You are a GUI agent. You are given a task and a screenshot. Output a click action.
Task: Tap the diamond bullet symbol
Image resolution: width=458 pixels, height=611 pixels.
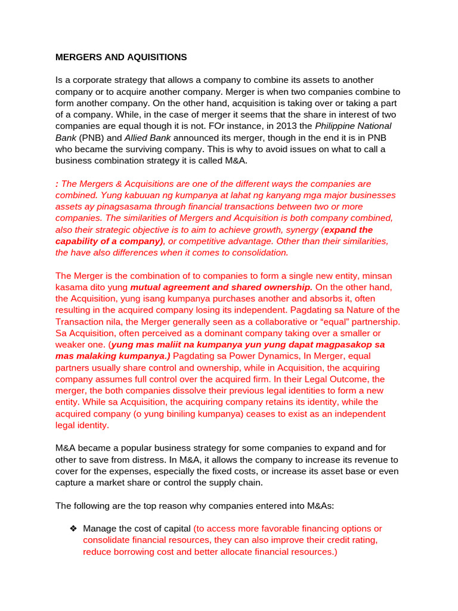73,529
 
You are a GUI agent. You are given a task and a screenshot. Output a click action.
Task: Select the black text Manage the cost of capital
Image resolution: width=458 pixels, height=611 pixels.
137,529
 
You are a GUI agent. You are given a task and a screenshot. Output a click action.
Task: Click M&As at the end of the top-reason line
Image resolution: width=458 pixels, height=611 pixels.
317,505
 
